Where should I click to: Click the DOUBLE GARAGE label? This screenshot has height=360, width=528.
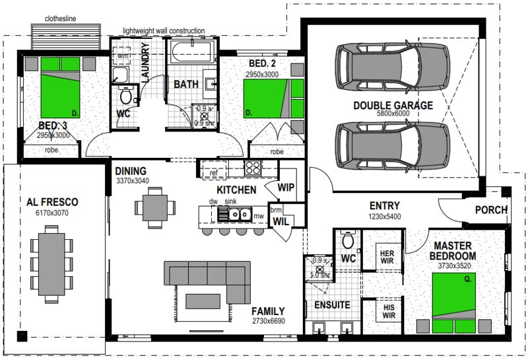click(393, 105)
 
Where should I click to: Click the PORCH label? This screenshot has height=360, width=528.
click(491, 210)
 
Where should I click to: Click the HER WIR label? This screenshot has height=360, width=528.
click(386, 256)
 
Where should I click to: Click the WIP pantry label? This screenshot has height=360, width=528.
click(285, 187)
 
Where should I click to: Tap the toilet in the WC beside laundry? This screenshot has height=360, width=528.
click(125, 96)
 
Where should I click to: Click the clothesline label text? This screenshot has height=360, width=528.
click(61, 19)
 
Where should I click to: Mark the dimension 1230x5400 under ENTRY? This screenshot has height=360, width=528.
click(383, 216)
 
